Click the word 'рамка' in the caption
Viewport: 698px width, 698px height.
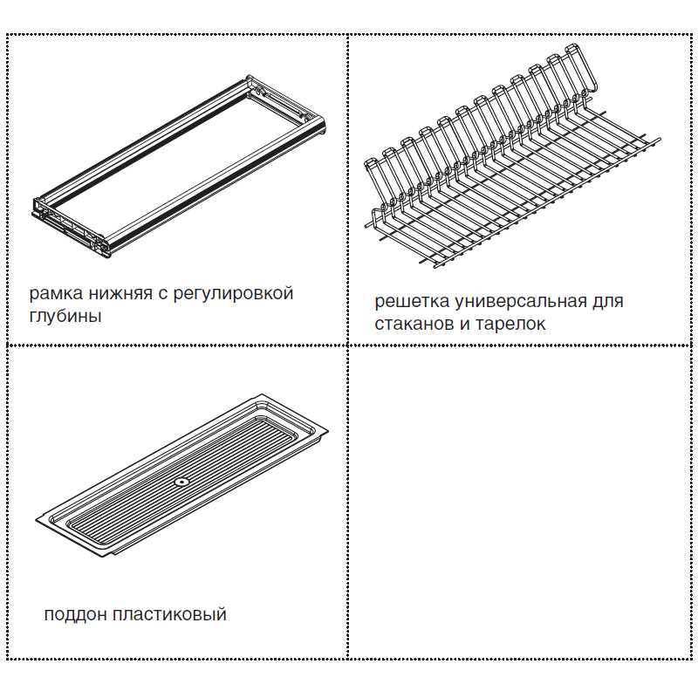pos(56,294)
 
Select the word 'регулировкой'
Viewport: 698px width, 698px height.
pos(233,294)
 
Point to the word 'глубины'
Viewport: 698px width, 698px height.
pos(65,316)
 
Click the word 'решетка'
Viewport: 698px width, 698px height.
pos(412,301)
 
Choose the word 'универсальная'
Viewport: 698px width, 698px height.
pos(521,301)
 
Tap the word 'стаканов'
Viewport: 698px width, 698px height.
pos(414,324)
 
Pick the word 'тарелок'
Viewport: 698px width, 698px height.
pos(510,324)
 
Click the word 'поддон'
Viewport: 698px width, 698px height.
pos(75,615)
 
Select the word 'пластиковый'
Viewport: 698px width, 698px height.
pos(169,615)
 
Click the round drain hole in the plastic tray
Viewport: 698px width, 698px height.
pos(182,482)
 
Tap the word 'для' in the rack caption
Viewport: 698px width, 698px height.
pos(607,302)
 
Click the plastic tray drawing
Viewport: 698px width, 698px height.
pos(181,475)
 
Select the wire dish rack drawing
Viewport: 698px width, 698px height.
pos(512,156)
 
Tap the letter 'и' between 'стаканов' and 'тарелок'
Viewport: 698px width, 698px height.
pos(465,324)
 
